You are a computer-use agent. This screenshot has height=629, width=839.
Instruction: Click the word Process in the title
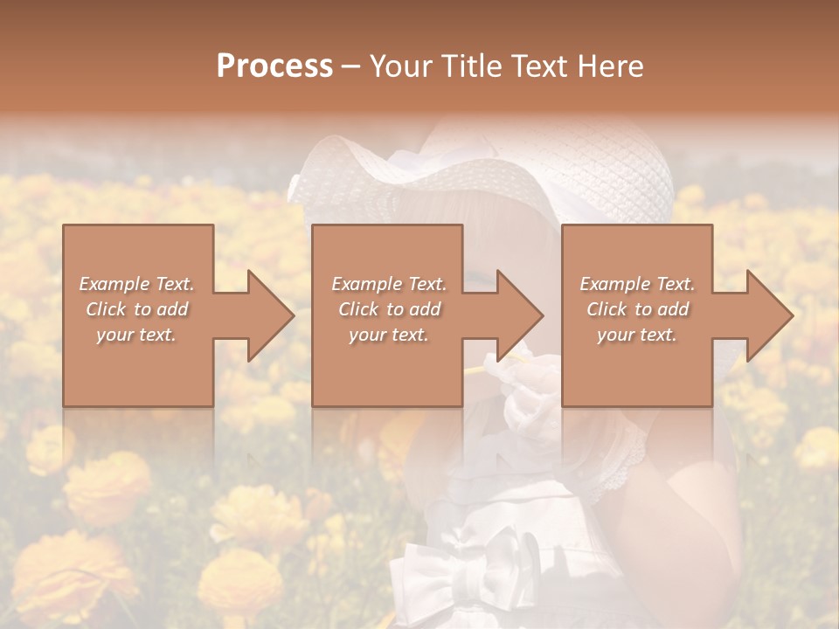click(274, 66)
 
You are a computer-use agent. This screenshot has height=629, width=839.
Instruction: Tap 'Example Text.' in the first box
click(137, 284)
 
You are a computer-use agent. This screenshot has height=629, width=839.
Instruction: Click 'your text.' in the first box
click(137, 335)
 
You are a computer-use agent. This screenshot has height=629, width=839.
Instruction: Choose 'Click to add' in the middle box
click(389, 309)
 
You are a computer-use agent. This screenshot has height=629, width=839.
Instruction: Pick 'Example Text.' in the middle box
click(389, 284)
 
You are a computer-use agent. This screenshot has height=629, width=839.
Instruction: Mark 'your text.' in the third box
click(637, 335)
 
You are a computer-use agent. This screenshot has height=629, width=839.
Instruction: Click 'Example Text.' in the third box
click(637, 284)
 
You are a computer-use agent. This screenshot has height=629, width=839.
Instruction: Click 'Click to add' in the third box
click(637, 309)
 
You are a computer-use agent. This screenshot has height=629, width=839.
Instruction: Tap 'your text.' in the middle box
click(389, 335)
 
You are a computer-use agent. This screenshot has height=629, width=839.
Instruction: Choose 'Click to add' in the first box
click(137, 309)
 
